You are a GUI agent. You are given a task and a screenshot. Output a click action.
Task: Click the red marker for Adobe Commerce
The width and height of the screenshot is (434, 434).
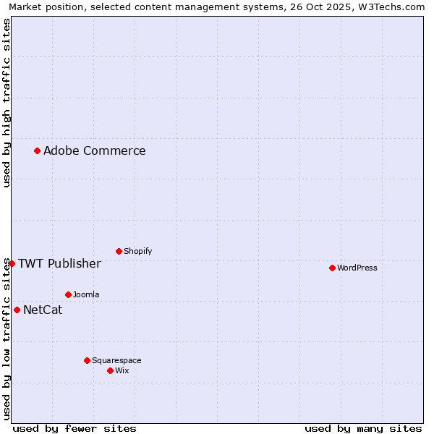tap(37, 150)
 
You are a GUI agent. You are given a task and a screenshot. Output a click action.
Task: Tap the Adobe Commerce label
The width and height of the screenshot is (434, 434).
tap(94, 151)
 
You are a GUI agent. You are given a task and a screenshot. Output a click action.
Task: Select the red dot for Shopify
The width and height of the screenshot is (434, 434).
tap(119, 251)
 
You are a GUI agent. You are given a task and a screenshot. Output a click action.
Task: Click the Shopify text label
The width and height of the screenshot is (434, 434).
tap(137, 252)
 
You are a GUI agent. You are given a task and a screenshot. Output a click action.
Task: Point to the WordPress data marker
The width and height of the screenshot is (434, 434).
tap(332, 268)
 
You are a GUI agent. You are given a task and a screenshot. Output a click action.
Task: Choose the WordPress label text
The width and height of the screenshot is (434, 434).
tap(357, 268)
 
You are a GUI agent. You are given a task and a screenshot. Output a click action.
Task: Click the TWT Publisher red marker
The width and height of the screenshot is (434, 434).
tap(12, 263)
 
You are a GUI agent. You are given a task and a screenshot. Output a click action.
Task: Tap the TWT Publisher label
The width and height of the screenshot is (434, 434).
tap(59, 263)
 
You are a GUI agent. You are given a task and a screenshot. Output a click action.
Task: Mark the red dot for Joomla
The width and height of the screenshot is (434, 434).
tap(68, 294)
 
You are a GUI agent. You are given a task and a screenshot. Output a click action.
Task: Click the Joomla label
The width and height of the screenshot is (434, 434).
tap(86, 295)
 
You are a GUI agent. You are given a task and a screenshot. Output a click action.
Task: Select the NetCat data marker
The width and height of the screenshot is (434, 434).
tap(17, 310)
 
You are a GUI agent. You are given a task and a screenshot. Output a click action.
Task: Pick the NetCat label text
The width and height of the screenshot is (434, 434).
tap(43, 310)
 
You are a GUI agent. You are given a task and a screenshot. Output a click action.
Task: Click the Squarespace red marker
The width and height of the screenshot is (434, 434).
tap(87, 360)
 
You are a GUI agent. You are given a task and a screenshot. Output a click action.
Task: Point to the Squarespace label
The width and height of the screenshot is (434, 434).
tap(116, 361)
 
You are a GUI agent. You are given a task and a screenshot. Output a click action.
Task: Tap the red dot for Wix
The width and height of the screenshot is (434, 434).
tap(110, 370)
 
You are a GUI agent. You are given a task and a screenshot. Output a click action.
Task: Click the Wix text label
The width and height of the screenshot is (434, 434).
tap(122, 371)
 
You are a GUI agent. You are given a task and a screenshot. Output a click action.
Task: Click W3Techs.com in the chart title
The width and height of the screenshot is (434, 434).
tap(394, 7)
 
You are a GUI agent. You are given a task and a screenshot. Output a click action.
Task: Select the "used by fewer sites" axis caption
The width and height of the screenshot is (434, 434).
tap(75, 428)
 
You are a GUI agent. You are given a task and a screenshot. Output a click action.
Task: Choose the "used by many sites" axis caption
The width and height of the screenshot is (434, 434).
tap(363, 428)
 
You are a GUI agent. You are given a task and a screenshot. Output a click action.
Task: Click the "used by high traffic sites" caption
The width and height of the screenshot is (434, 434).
tap(7, 103)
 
